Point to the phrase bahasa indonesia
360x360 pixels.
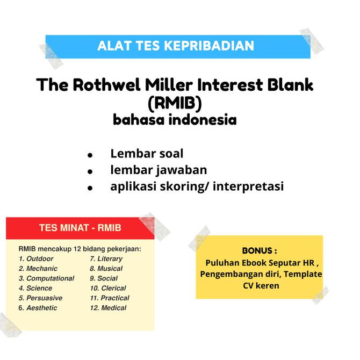175,119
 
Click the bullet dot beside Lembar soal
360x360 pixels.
90,155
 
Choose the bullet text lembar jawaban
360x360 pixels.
159,170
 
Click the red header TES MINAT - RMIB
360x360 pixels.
80,227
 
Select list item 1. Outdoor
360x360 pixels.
36,258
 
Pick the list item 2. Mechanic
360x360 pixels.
38,268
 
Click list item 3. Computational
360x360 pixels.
46,278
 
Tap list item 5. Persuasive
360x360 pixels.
40,298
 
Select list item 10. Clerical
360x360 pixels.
107,288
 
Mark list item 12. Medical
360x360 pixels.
108,308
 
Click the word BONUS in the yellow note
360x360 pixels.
260,251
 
